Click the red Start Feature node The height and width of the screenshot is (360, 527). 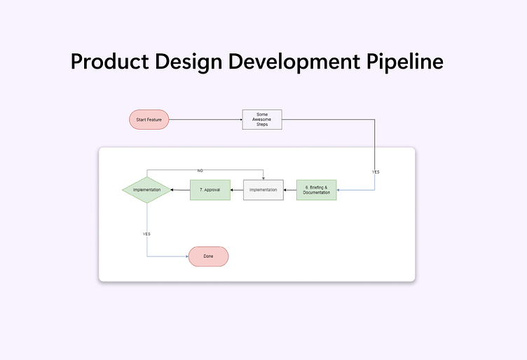point(149,120)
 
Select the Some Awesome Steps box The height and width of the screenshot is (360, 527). point(262,120)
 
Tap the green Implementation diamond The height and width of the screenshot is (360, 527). point(146,190)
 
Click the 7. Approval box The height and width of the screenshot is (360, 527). point(210,190)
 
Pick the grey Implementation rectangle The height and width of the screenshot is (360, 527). point(263,190)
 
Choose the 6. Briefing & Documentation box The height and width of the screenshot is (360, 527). point(316,190)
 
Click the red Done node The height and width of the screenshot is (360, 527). point(208,256)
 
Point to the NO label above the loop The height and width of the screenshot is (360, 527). point(200,171)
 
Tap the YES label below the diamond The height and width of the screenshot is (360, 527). point(146,233)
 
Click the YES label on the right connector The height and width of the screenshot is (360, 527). point(376,172)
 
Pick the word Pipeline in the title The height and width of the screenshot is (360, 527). point(405,62)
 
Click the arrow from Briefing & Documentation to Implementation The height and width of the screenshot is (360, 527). point(289,190)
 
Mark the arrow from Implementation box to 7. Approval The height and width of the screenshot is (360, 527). point(237,190)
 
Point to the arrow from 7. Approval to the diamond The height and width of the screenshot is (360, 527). point(181,190)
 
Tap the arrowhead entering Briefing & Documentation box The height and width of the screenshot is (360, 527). point(339,190)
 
